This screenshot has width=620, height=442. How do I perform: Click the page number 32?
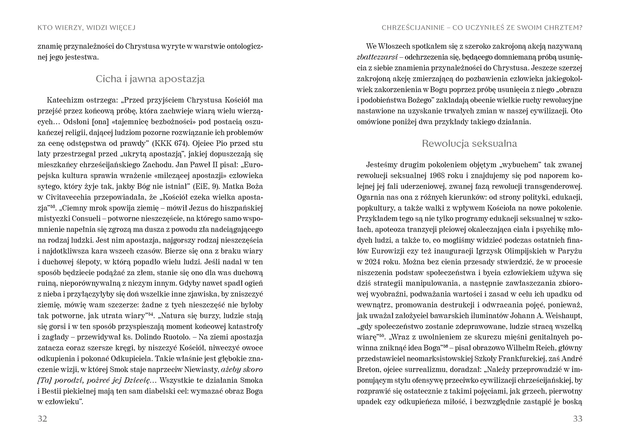point(42,418)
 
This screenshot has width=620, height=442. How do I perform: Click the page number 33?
point(577,418)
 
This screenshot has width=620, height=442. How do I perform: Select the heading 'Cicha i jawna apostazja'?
point(150,79)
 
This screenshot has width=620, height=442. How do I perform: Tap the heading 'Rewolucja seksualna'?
point(469,143)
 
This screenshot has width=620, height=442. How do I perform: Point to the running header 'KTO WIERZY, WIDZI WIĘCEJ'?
point(87,28)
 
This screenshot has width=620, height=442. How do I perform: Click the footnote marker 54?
point(151,315)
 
